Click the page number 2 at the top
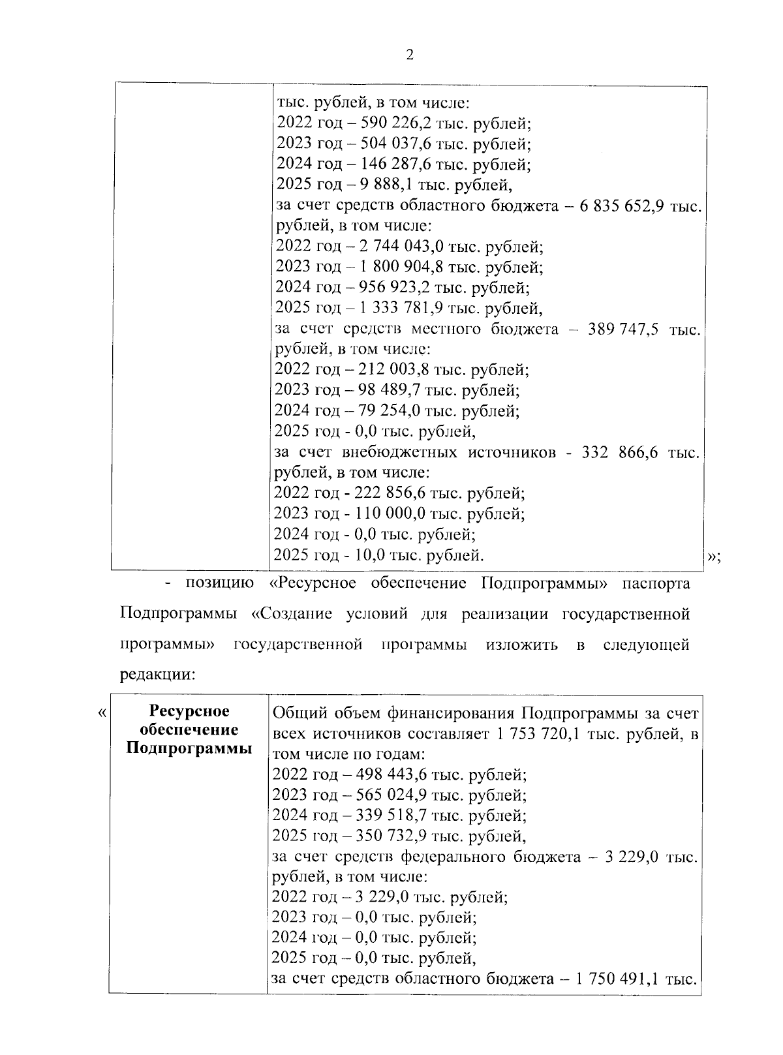pos(410,55)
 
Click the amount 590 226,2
pos(388,123)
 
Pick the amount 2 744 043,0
pos(394,247)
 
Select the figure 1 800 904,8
pos(394,267)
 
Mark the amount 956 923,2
pos(389,287)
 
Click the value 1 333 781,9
pos(394,307)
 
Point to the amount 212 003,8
pos(388,370)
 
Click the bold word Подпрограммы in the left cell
pos(189,748)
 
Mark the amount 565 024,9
pos(386,795)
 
